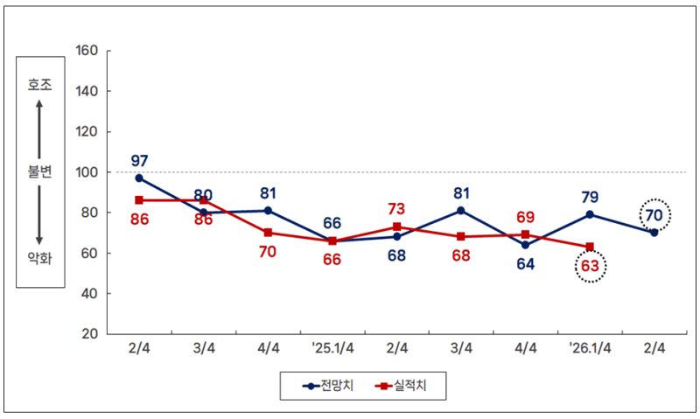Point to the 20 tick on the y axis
(x=89, y=333)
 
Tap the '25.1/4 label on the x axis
(x=332, y=348)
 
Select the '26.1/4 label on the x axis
(x=590, y=348)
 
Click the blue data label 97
(x=139, y=161)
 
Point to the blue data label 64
(x=525, y=264)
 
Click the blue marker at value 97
(x=139, y=178)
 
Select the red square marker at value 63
(x=590, y=247)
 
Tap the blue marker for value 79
(x=590, y=214)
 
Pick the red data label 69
(x=525, y=217)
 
